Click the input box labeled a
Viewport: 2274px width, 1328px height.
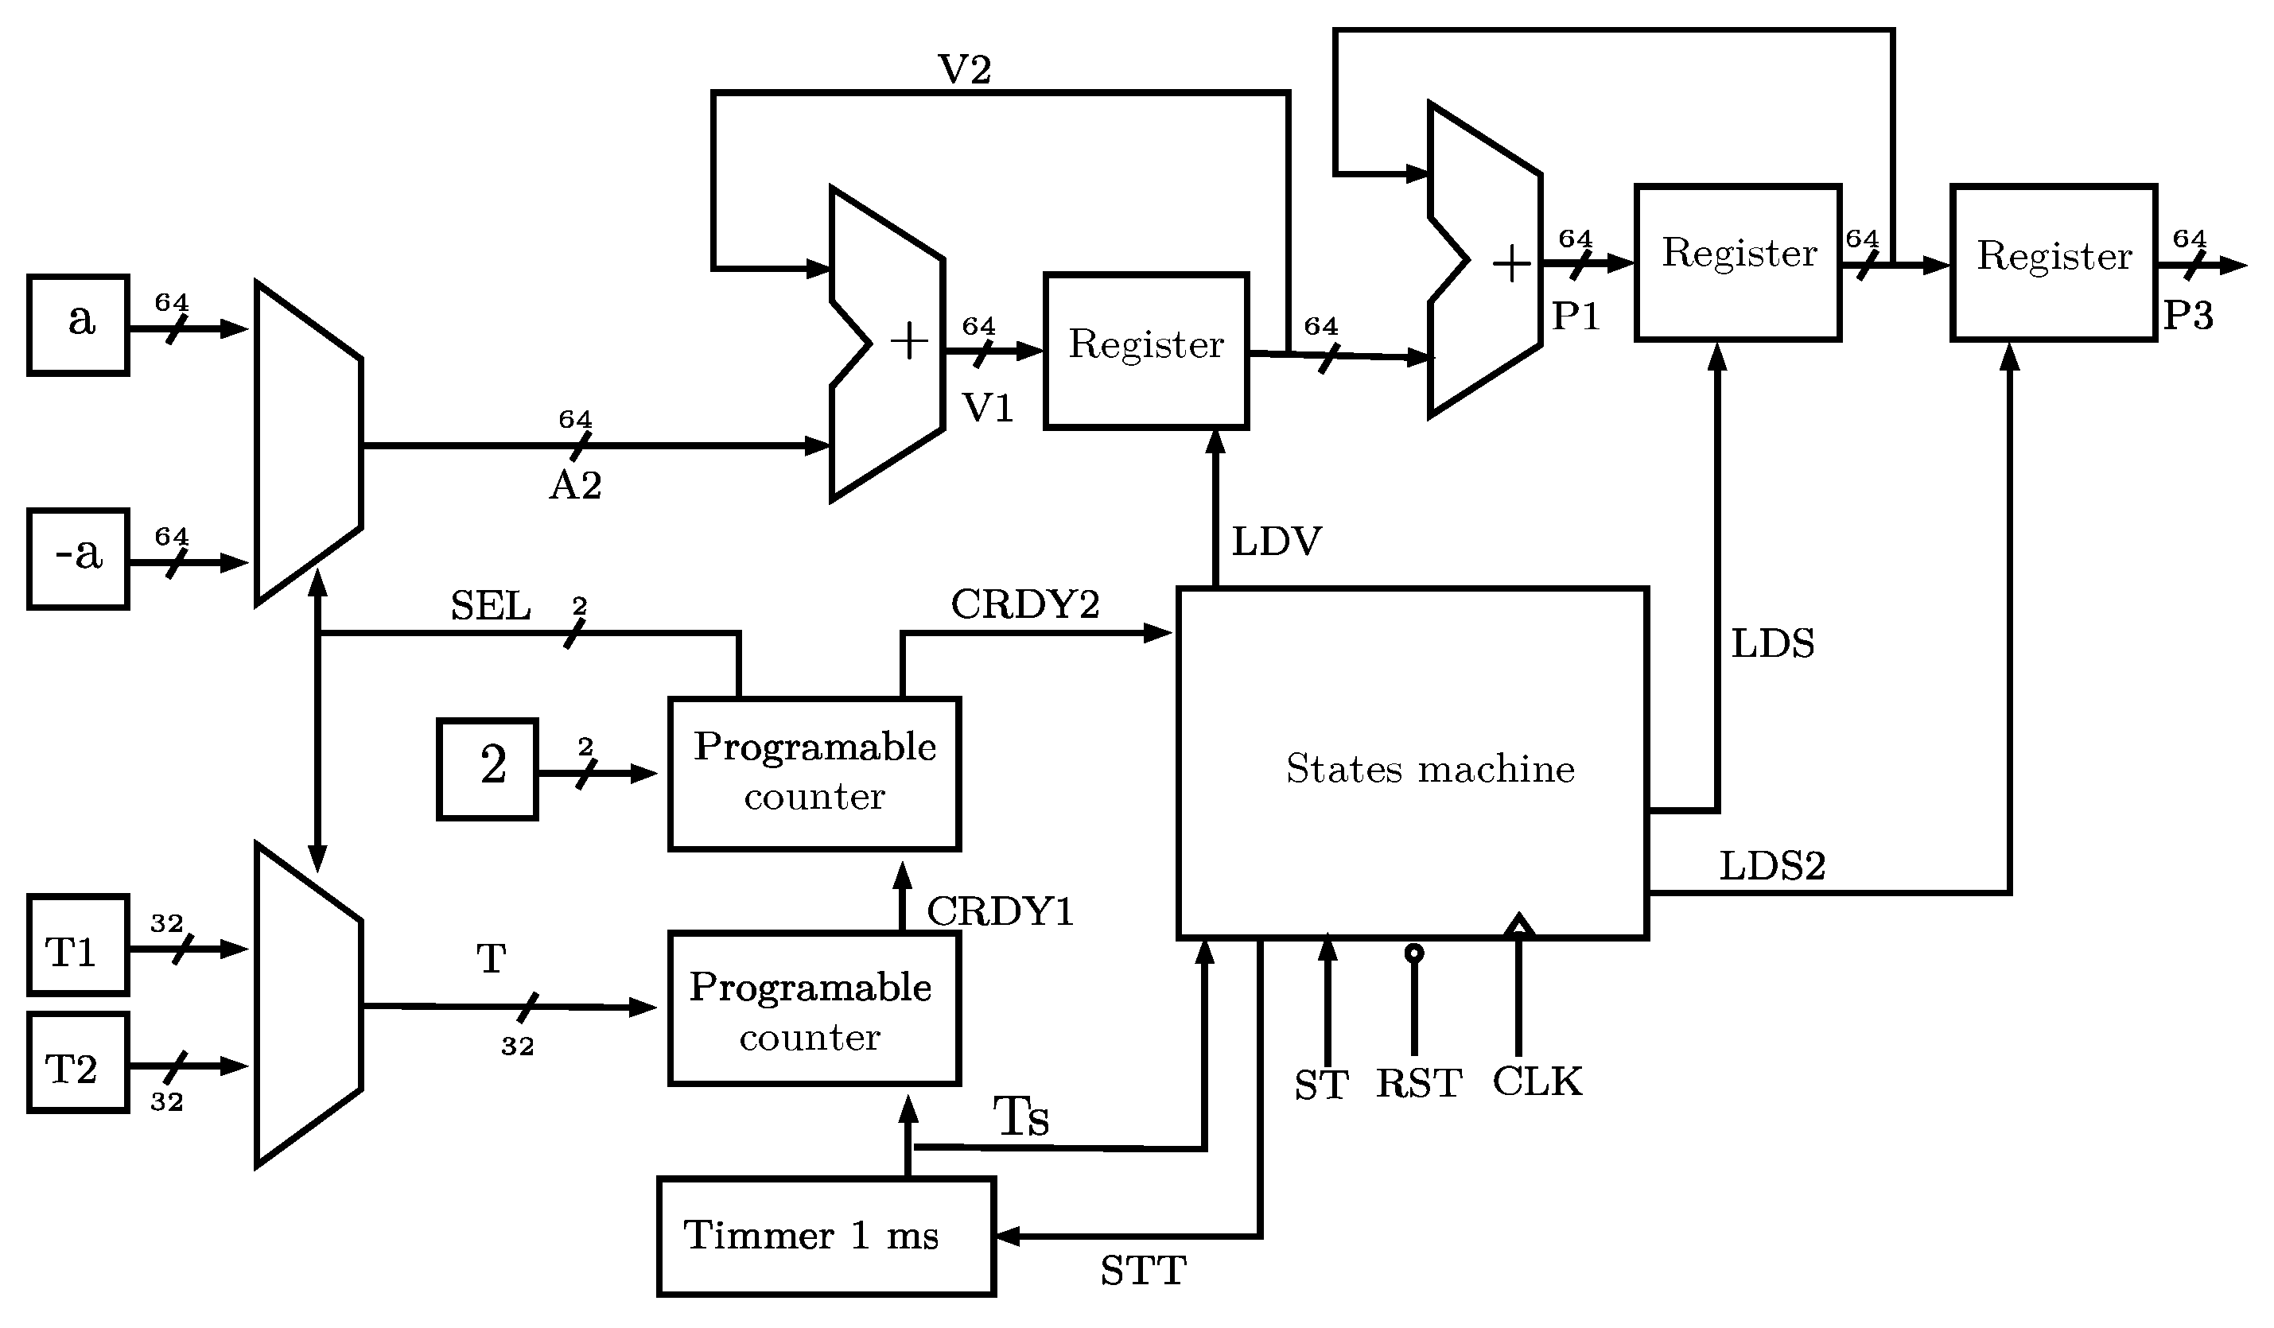pos(79,324)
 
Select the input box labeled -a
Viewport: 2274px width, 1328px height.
pos(79,558)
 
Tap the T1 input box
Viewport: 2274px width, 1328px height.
pos(79,945)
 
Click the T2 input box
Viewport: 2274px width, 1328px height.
pos(79,1062)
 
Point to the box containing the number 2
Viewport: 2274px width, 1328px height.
pos(488,769)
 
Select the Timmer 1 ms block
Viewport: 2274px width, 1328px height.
pos(826,1236)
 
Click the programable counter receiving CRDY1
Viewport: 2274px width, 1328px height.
pos(814,773)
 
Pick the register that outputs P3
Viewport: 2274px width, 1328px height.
pos(2054,262)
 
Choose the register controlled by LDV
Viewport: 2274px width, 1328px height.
pos(1146,350)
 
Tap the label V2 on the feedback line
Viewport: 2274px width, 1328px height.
pos(965,69)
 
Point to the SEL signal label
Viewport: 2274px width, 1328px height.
pos(491,605)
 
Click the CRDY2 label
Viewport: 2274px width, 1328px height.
pos(1025,604)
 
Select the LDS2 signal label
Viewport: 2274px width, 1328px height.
pos(1772,866)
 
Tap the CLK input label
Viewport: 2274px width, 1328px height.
pos(1537,1081)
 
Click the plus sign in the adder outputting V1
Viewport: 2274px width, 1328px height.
pos(908,342)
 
